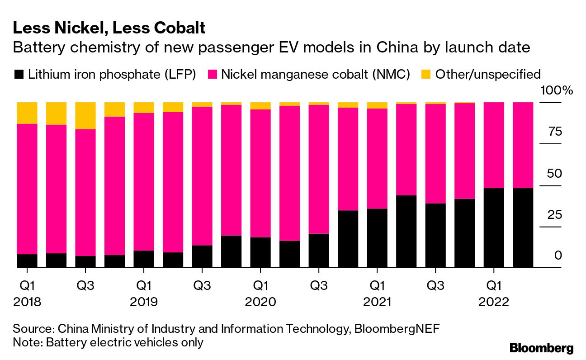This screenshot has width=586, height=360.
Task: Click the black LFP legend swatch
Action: [x=19, y=74]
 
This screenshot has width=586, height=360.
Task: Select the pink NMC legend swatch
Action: [x=212, y=74]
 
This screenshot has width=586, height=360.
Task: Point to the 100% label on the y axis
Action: [x=557, y=90]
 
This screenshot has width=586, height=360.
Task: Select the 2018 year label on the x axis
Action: [x=27, y=302]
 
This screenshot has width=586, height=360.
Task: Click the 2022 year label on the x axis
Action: [x=494, y=302]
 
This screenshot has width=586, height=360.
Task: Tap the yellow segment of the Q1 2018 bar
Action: [x=27, y=113]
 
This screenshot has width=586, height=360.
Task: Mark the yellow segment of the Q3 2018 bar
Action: [x=85, y=116]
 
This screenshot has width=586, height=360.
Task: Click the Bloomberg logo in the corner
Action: [x=541, y=348]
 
